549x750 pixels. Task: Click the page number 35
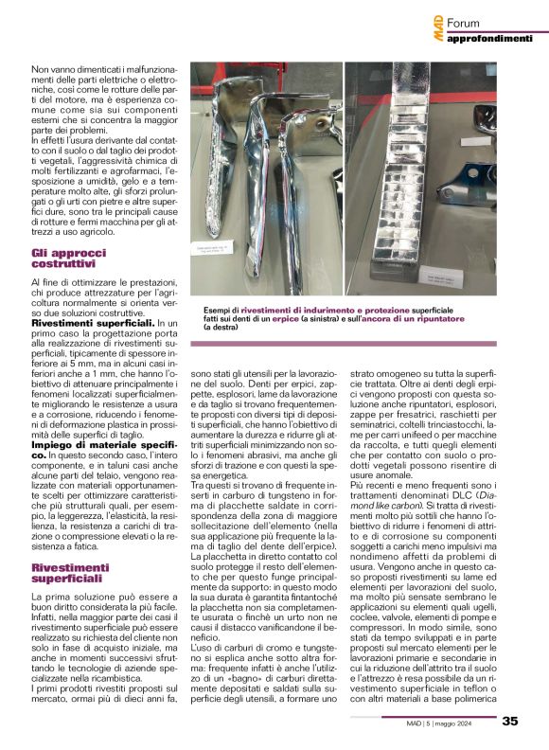tap(510, 722)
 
